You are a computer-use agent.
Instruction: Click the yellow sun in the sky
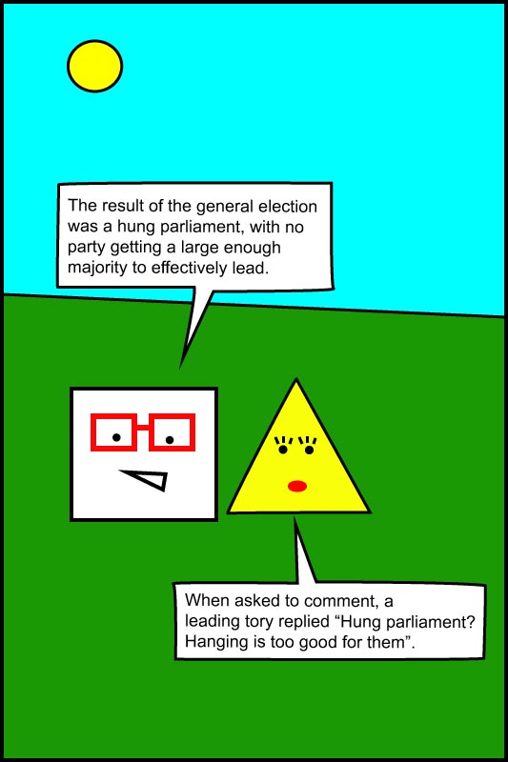(94, 66)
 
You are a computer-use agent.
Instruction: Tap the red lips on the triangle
(297, 486)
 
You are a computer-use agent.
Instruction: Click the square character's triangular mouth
(146, 480)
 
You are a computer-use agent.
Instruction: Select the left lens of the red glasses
(114, 432)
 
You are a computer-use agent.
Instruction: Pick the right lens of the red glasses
(172, 432)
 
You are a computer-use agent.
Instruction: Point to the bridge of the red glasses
(143, 428)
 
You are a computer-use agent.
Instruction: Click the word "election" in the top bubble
(287, 206)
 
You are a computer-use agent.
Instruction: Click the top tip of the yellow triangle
(296, 379)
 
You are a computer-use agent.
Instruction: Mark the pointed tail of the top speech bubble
(180, 368)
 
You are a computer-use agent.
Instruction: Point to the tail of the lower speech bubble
(295, 517)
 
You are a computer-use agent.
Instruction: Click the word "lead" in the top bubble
(250, 269)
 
